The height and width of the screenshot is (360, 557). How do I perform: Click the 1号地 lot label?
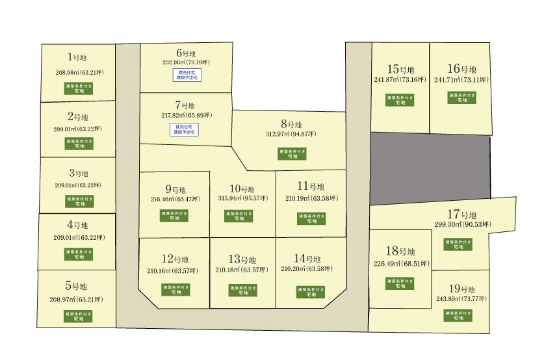tap(77, 58)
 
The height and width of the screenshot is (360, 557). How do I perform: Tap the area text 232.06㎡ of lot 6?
tap(185, 64)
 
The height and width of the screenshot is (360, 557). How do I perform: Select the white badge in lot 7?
tap(185, 129)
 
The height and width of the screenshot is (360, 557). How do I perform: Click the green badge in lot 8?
tap(292, 153)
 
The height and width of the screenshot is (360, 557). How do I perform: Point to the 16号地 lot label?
tap(462, 69)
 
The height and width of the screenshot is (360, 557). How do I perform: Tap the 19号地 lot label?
tap(462, 289)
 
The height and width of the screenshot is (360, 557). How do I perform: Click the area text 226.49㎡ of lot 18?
tap(400, 264)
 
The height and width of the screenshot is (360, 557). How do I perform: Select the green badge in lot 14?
tap(311, 292)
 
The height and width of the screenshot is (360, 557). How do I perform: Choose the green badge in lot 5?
tap(78, 317)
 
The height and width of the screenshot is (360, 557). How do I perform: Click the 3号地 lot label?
tap(78, 174)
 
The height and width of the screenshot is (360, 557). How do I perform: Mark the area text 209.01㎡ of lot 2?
tap(79, 129)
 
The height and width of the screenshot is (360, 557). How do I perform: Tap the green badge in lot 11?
tap(311, 218)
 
